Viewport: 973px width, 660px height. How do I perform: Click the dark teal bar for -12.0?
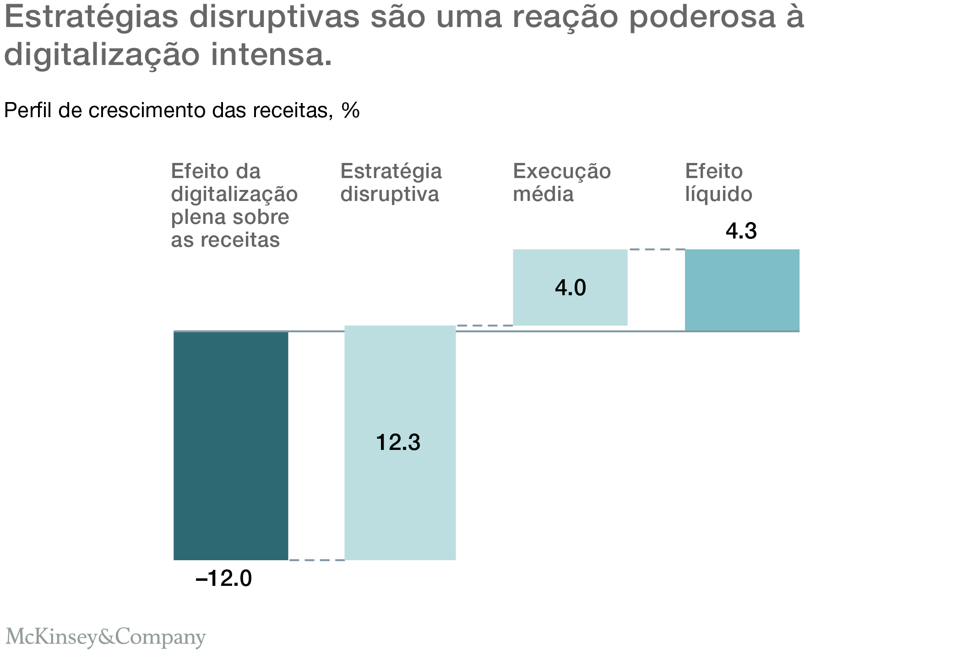click(231, 445)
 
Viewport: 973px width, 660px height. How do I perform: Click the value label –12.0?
click(223, 579)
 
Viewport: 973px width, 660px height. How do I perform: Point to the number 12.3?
click(398, 443)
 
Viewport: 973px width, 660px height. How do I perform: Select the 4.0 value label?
click(570, 288)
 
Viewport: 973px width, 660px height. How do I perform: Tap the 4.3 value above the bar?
click(741, 231)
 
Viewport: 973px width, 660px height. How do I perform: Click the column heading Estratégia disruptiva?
click(391, 183)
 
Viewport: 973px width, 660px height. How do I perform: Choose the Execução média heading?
click(561, 183)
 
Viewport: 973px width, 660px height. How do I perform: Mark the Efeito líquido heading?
click(718, 183)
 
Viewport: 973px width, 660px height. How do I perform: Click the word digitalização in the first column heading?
click(234, 194)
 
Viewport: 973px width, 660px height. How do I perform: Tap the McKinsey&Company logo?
click(105, 637)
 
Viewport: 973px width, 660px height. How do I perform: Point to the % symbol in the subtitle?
click(350, 111)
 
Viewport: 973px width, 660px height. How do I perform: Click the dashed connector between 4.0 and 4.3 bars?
click(656, 249)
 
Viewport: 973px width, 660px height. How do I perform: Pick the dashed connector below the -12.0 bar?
click(316, 560)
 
